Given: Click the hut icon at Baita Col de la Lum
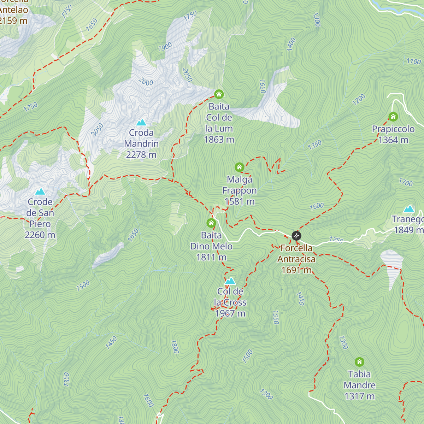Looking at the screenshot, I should tap(219, 94).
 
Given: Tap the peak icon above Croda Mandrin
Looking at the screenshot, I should tap(141, 123).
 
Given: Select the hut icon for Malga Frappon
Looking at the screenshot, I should tap(240, 167).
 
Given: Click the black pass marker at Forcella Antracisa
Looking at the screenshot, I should tap(296, 236).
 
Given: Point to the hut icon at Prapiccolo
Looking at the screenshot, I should tap(393, 117).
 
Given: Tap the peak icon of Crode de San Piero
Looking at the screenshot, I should tap(40, 192).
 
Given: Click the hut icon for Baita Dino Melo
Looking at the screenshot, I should tap(211, 223).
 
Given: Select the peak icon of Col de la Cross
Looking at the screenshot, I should tap(230, 281).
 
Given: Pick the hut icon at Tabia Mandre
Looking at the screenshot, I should tap(359, 362).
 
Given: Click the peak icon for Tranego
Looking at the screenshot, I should tap(409, 208).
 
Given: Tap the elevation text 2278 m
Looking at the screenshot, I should tap(141, 155).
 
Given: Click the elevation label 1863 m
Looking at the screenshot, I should tap(219, 140).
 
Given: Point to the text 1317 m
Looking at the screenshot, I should tap(359, 396).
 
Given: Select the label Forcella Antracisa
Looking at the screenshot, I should tap(296, 254).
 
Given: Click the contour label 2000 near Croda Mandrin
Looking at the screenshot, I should tap(146, 82).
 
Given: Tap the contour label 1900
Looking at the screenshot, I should tap(165, 46).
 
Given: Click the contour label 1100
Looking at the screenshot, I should tap(414, 61).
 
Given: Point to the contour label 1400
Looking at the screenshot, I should tap(291, 45).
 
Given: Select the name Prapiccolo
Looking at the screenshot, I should tap(393, 129).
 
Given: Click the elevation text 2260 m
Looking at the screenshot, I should tap(40, 235).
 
